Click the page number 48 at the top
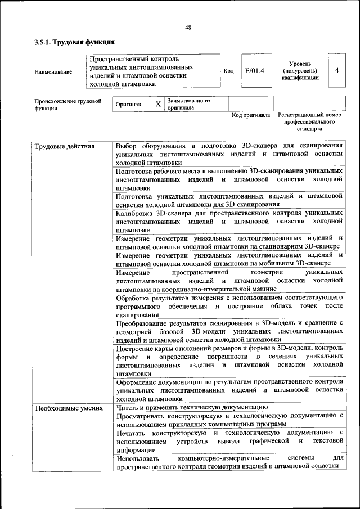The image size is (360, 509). coord(188,28)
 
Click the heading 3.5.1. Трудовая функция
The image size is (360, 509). coord(74,42)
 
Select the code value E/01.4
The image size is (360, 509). coord(255,71)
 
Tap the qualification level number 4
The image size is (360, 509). coord(336,71)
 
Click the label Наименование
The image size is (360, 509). coord(53,71)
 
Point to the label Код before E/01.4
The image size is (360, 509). coord(228,71)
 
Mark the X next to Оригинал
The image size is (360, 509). coord(158,104)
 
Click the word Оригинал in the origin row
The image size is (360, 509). coord(128,105)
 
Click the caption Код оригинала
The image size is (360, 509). coord(251,115)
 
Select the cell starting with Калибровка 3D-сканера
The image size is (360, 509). coord(229,222)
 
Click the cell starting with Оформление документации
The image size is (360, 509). coord(229,389)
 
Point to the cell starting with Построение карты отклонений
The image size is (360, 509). coord(229,360)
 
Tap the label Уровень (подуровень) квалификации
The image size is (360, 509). coord(300,71)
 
